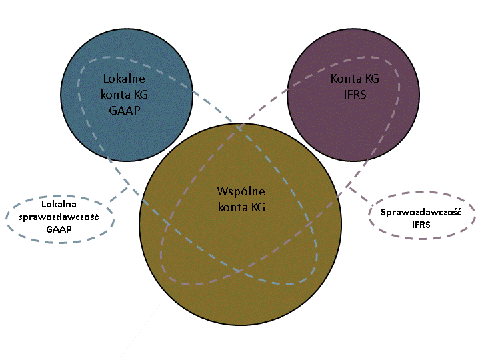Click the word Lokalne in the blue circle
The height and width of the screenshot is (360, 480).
point(124,79)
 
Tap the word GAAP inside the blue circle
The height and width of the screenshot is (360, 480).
point(125,110)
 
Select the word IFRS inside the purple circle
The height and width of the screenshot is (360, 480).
point(355,94)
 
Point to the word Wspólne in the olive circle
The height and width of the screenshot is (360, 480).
point(241,191)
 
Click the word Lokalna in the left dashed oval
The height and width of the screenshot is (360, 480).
point(59,204)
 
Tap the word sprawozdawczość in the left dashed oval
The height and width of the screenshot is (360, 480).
point(59,217)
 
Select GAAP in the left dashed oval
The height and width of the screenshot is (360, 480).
point(59,229)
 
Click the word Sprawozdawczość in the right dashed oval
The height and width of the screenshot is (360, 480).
point(421,212)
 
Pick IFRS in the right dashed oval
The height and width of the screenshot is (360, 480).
point(421,225)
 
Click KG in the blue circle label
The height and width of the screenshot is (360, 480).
point(141,95)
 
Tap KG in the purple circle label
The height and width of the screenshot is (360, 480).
point(371,79)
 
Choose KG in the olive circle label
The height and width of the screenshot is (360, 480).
point(258,207)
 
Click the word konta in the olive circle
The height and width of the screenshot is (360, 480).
point(233,207)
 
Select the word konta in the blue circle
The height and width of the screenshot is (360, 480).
point(116,95)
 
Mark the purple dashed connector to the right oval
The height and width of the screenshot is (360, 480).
point(357,193)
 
